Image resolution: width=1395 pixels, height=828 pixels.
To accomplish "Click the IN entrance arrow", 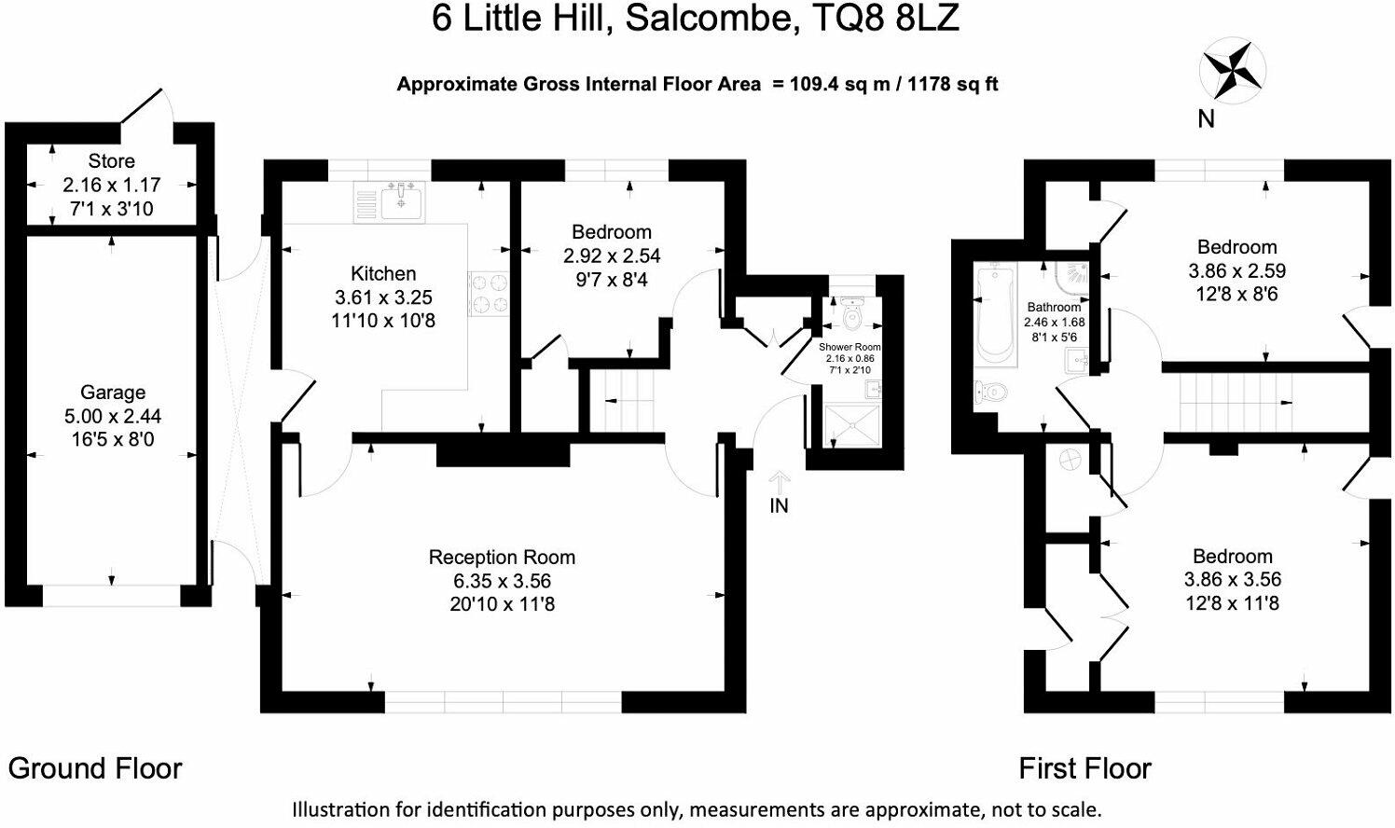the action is [779, 491].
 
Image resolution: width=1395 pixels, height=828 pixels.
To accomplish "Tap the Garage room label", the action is [112, 393].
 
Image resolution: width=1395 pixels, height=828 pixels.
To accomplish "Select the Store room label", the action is [111, 161].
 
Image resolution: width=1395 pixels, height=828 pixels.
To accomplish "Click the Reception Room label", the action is [502, 557].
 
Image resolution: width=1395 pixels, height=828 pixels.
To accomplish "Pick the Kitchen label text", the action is [383, 273].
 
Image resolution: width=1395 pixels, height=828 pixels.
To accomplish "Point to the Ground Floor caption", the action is [95, 768].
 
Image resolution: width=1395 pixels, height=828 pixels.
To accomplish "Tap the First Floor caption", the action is [1084, 768].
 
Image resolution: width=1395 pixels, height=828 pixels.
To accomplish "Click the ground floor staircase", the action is [626, 400].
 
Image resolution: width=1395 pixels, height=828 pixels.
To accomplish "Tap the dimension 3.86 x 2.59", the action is [1236, 270].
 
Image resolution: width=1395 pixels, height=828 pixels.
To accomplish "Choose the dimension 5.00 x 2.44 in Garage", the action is [112, 416].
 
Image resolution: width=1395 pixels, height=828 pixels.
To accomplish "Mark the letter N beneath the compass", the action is [1206, 119].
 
